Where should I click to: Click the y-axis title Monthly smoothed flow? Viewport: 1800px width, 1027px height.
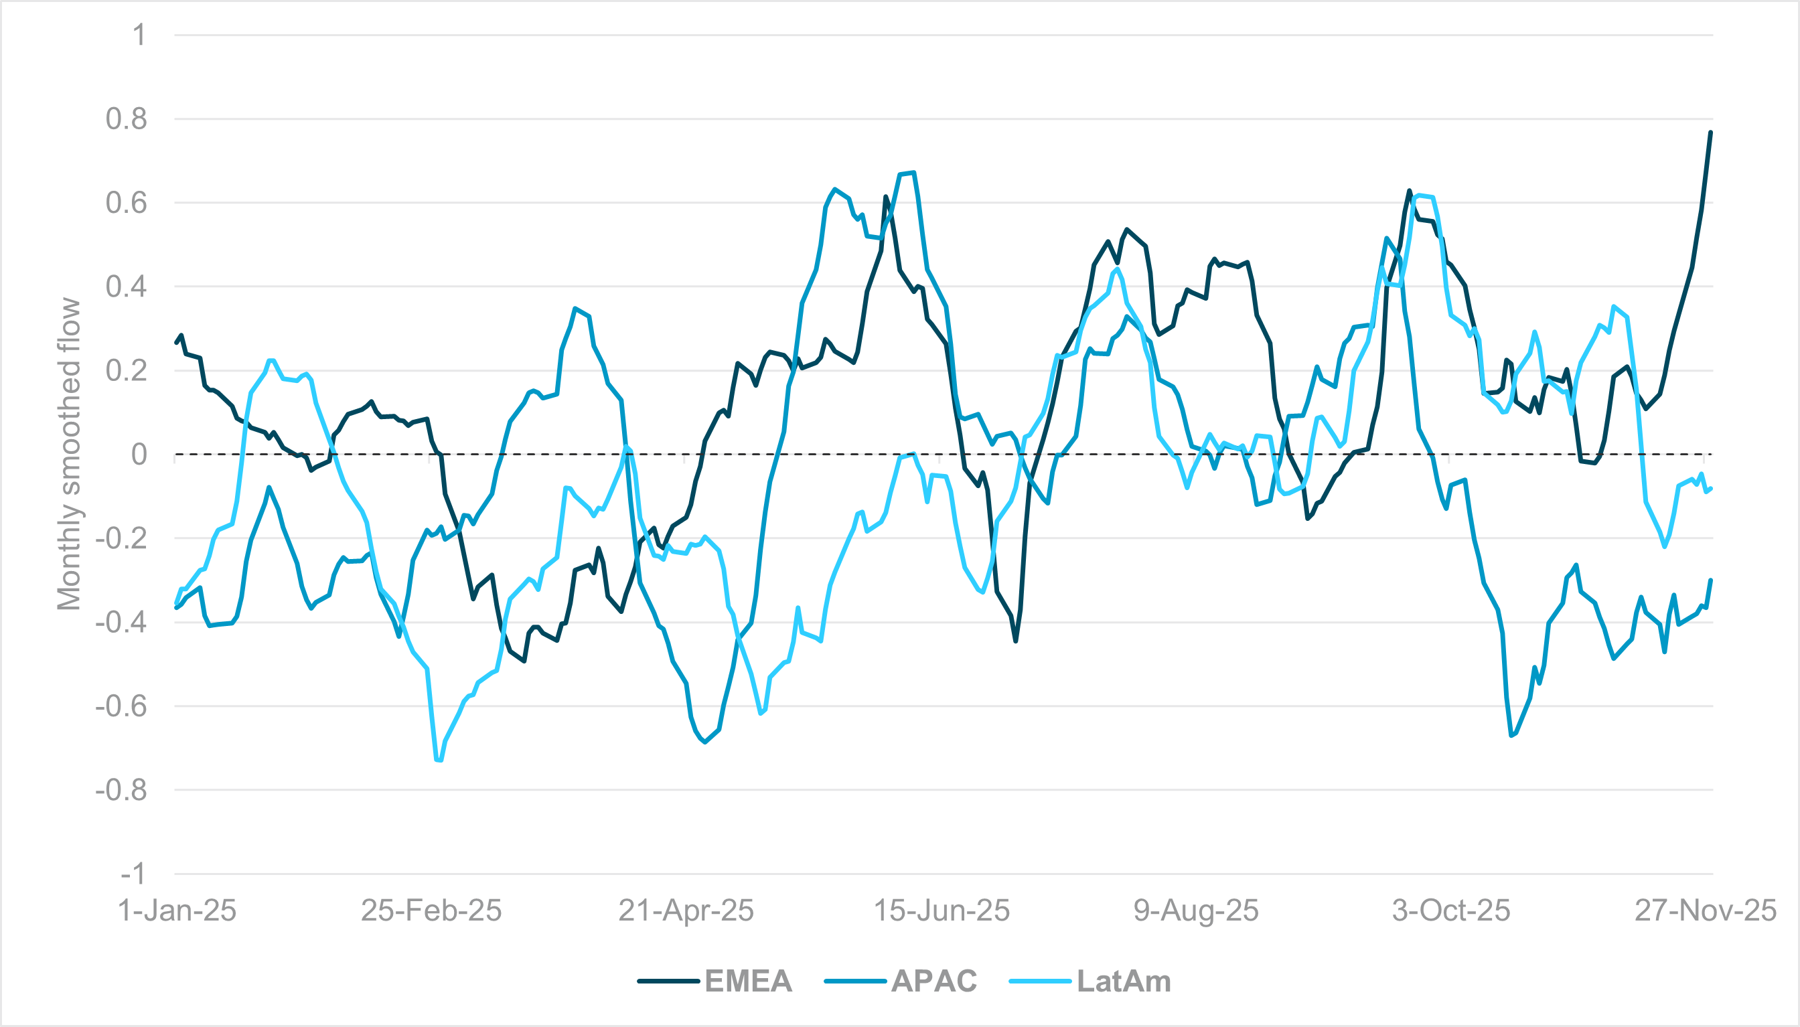click(x=69, y=453)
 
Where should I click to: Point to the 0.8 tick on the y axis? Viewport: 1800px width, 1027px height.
click(x=127, y=119)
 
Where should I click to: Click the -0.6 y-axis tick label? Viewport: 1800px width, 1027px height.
click(x=121, y=706)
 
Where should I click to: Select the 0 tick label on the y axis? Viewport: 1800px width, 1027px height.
click(x=139, y=454)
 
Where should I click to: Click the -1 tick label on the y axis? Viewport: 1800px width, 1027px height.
click(x=132, y=874)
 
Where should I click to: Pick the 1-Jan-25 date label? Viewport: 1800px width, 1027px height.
click(x=176, y=911)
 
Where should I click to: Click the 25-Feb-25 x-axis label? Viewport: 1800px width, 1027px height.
click(x=431, y=911)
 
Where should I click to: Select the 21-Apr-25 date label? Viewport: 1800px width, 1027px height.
click(x=686, y=911)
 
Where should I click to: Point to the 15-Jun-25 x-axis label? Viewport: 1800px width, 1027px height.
click(x=942, y=911)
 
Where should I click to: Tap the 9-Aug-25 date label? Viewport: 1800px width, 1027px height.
click(x=1195, y=911)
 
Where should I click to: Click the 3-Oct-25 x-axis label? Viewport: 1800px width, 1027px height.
click(x=1451, y=911)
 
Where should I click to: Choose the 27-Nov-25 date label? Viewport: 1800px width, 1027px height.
click(x=1705, y=911)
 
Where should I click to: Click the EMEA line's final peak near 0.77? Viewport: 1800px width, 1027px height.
click(x=1710, y=133)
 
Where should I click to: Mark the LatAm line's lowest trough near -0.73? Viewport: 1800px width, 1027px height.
click(x=439, y=761)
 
